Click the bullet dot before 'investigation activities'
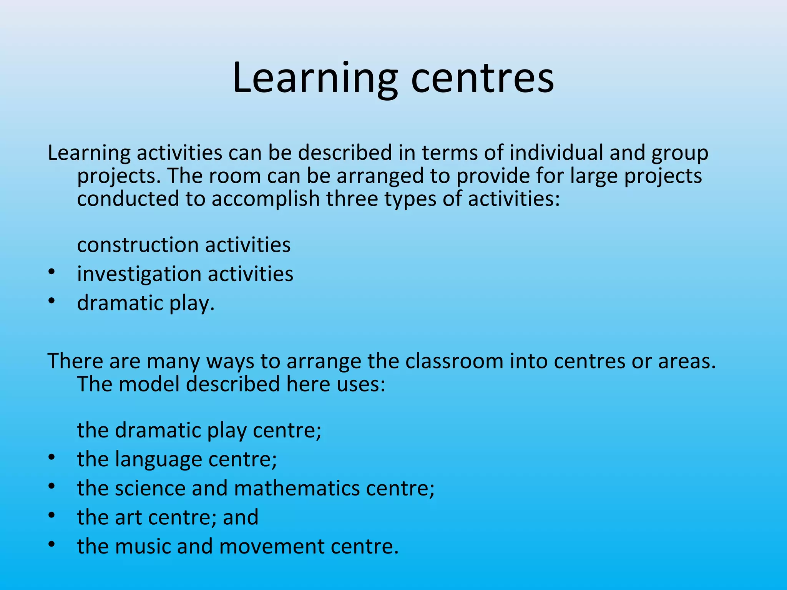coord(52,272)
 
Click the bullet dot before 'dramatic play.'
coord(52,302)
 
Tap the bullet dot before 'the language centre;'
coord(52,457)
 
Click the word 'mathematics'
coord(297,488)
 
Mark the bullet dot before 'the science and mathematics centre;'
coord(52,486)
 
